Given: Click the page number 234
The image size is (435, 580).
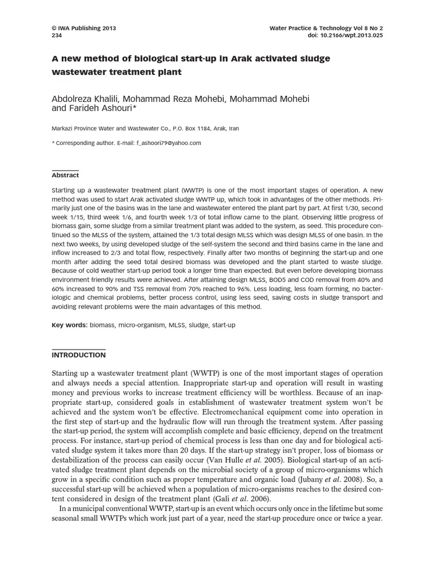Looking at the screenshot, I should click(x=57, y=35).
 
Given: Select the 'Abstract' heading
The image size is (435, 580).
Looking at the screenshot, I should click(x=65, y=176).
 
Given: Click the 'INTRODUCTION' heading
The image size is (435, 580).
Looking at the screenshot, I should click(x=78, y=355).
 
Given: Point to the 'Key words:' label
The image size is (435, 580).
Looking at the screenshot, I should click(x=70, y=326).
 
